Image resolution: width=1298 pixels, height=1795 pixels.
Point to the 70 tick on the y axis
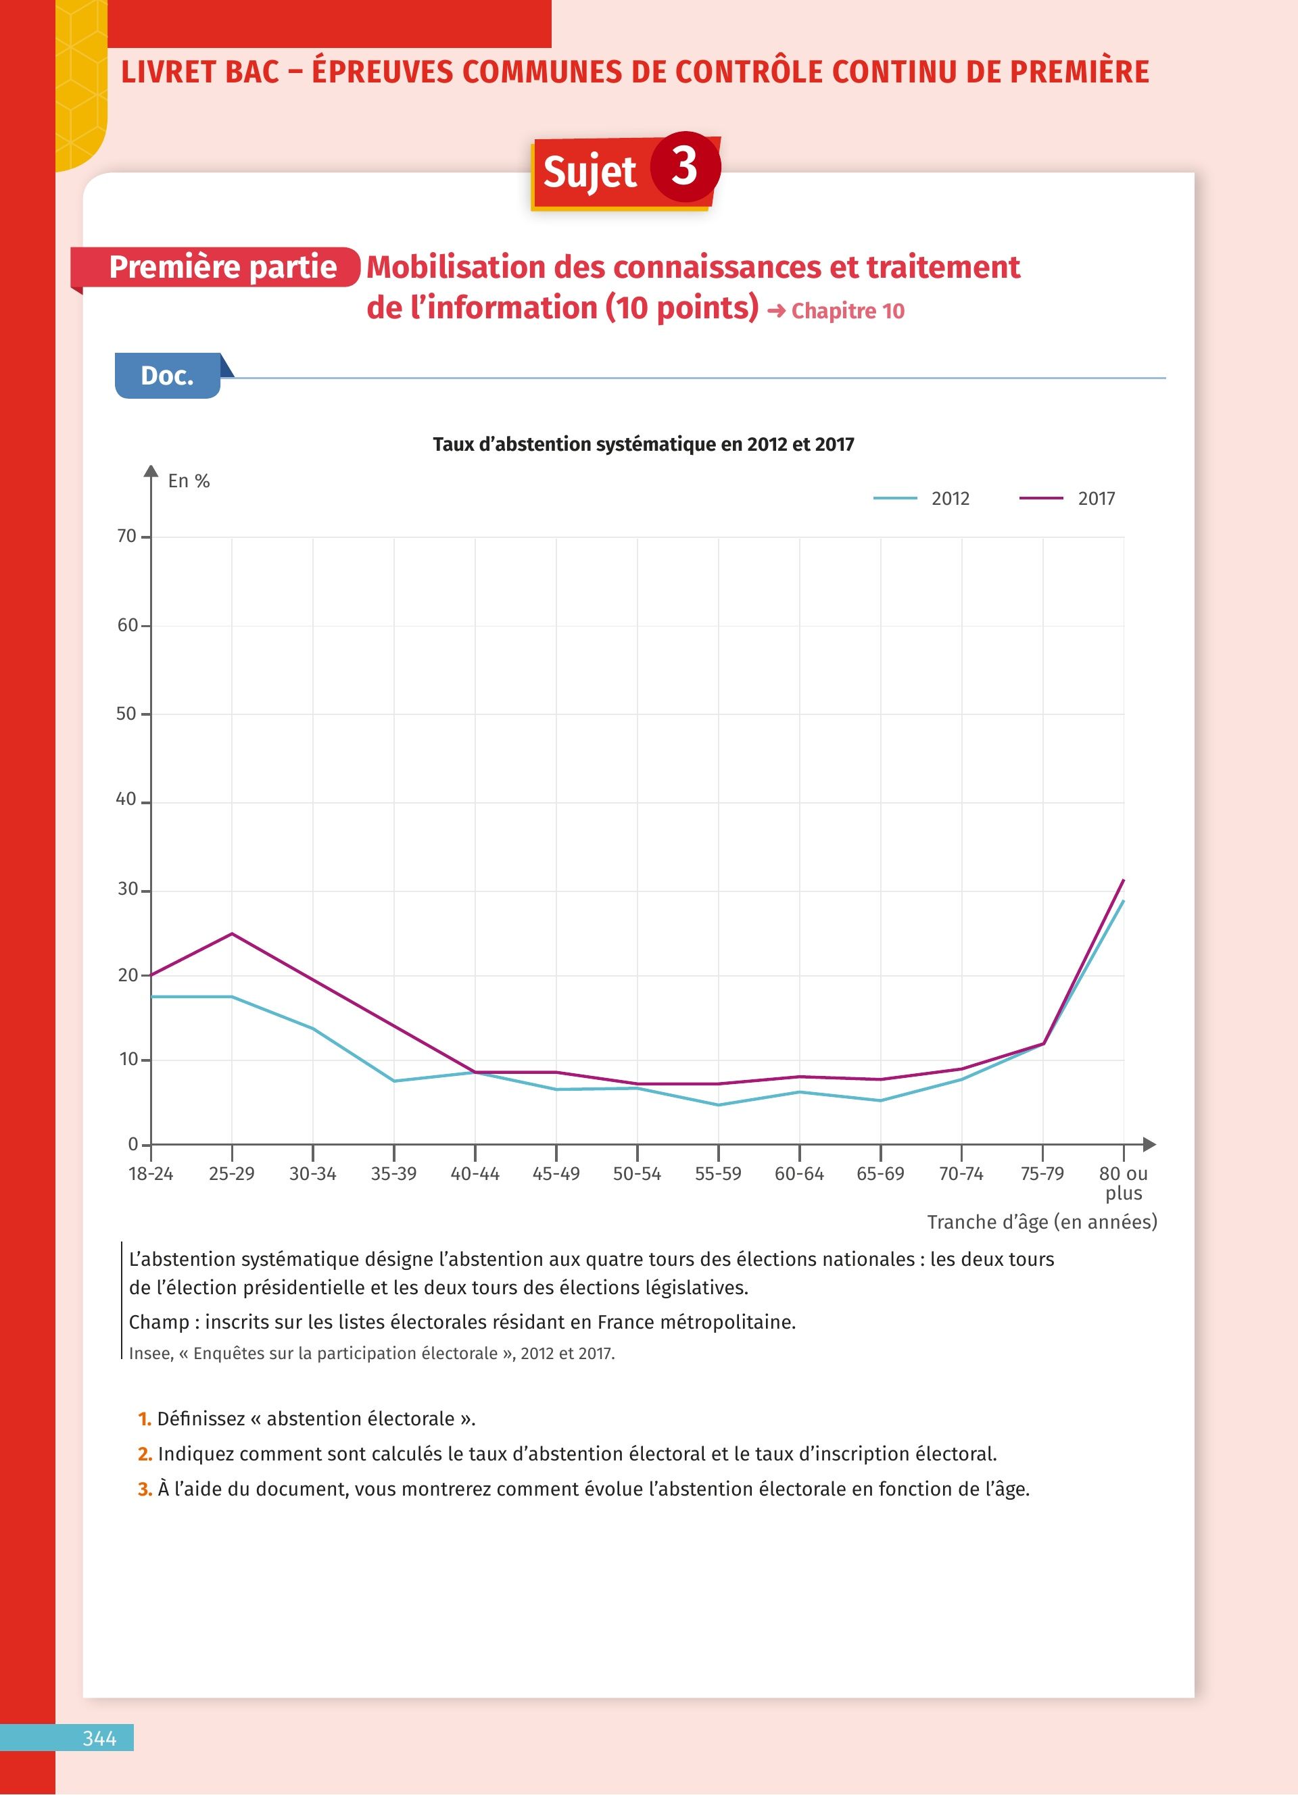(x=126, y=537)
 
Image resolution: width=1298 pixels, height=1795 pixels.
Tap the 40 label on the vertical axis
(x=126, y=800)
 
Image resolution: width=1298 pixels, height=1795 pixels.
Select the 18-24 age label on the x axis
(x=150, y=1174)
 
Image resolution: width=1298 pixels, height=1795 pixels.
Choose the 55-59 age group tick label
(x=718, y=1174)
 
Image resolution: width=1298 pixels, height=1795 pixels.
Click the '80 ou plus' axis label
(x=1123, y=1183)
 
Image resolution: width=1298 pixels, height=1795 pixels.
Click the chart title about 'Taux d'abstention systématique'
(x=643, y=444)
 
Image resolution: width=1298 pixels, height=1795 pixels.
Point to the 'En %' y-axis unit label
(x=189, y=481)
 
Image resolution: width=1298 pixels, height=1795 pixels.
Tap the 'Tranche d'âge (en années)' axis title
(x=1042, y=1222)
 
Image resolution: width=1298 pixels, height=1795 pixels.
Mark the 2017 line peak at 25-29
(x=232, y=934)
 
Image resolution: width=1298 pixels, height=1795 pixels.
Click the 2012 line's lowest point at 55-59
(x=718, y=1105)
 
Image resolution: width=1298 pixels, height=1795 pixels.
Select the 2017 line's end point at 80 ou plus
(x=1123, y=880)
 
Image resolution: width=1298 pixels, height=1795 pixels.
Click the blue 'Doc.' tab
(x=167, y=376)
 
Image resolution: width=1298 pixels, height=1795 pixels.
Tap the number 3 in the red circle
(x=685, y=167)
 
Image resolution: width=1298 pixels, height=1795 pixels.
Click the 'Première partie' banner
(x=222, y=267)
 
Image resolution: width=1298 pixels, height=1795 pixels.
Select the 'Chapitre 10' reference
(x=847, y=311)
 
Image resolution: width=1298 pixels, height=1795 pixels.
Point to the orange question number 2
(x=145, y=1454)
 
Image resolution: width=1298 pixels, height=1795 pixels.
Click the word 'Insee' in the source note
(x=150, y=1354)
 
